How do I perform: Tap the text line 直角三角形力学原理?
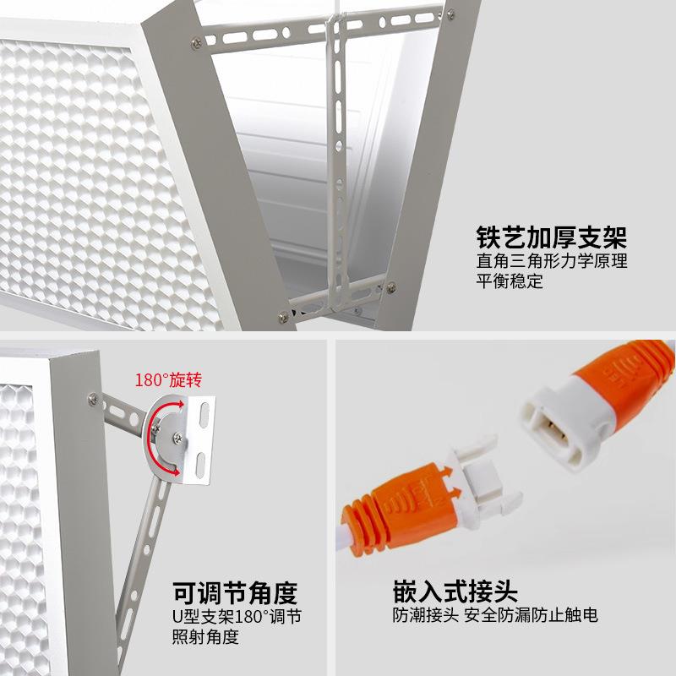click(x=552, y=260)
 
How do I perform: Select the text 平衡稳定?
click(x=510, y=281)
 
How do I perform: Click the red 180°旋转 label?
click(x=169, y=379)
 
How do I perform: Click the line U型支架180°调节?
click(x=237, y=616)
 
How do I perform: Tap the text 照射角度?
click(x=205, y=636)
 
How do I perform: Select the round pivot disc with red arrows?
click(x=166, y=439)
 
